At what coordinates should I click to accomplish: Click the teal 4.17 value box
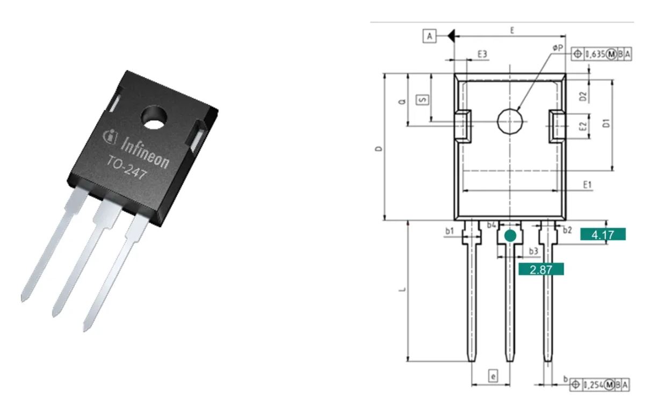tap(603, 235)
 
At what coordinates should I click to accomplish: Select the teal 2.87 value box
tap(541, 270)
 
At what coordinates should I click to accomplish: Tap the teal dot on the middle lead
tap(510, 235)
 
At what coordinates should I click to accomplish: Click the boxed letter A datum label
tap(429, 36)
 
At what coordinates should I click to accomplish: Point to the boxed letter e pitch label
tap(493, 376)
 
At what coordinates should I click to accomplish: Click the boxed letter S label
tap(423, 100)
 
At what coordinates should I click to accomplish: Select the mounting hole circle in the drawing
tap(510, 121)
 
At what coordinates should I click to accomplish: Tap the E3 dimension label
tap(482, 54)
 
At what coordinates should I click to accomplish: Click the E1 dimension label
tap(588, 185)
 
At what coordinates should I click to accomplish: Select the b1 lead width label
tap(450, 231)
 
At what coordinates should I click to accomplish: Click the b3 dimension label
tap(533, 251)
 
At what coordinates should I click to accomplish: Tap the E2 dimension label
tap(582, 127)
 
